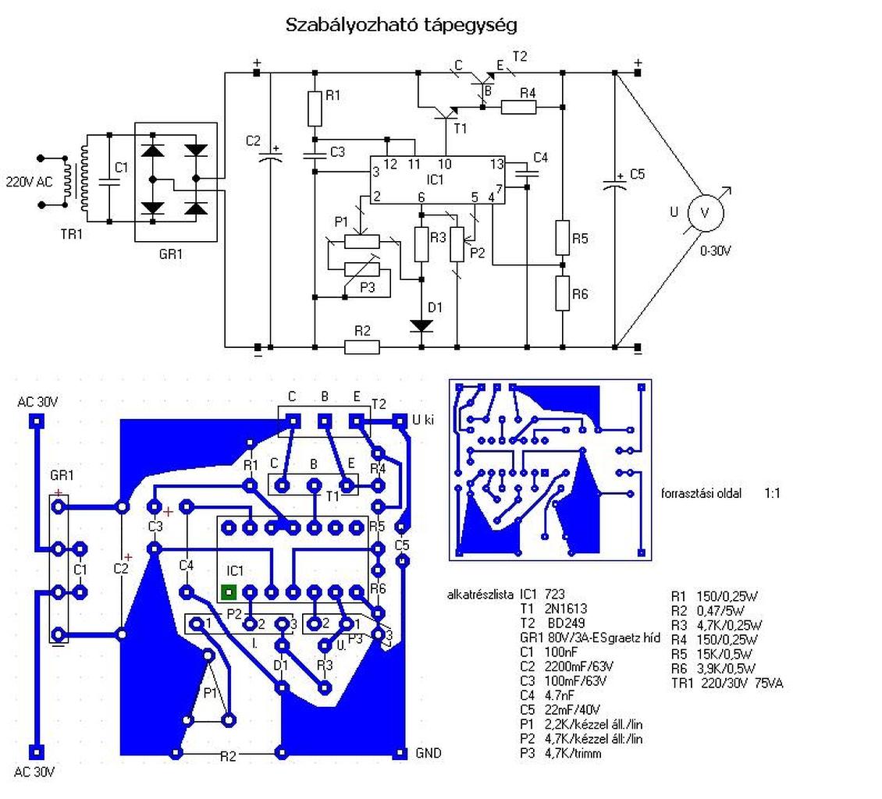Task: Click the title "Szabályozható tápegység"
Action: coord(401,25)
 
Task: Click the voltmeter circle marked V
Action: coord(706,212)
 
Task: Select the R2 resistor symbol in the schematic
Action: coord(361,347)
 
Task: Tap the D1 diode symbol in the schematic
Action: coord(421,325)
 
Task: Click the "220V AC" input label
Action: coord(29,182)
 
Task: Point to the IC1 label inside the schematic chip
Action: coord(435,179)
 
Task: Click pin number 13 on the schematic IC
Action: coord(496,164)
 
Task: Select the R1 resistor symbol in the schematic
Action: coord(315,108)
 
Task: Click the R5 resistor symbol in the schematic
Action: coord(563,237)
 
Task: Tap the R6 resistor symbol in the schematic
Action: coord(563,293)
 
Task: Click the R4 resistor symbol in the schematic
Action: coord(518,107)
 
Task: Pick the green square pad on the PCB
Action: coord(229,592)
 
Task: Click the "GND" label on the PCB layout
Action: coord(428,753)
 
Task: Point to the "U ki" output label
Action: coord(423,420)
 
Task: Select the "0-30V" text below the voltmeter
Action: coord(715,250)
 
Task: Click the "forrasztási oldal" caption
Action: coord(701,494)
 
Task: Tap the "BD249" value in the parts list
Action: coord(566,623)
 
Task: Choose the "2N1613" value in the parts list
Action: coord(565,609)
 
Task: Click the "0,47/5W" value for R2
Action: coord(720,611)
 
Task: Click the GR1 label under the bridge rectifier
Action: coord(170,254)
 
